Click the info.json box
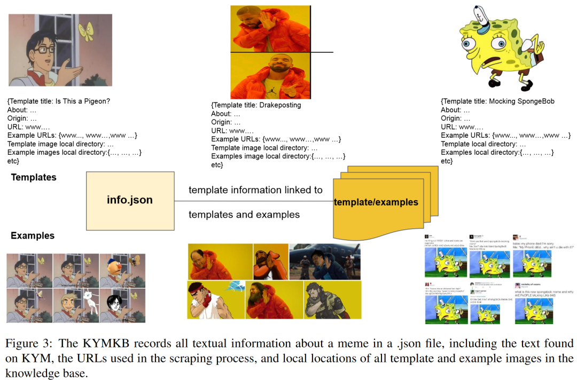tap(130, 201)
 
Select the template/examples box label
tap(376, 202)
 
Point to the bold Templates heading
tap(34, 177)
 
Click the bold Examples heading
tap(33, 235)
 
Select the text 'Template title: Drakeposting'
tap(256, 105)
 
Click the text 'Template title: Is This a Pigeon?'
tap(59, 101)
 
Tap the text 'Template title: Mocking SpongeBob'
tap(498, 101)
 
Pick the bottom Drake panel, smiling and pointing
tap(270, 75)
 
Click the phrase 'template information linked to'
tap(255, 190)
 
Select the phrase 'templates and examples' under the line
tap(244, 215)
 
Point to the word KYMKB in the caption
tap(95, 343)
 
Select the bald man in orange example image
tap(220, 261)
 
